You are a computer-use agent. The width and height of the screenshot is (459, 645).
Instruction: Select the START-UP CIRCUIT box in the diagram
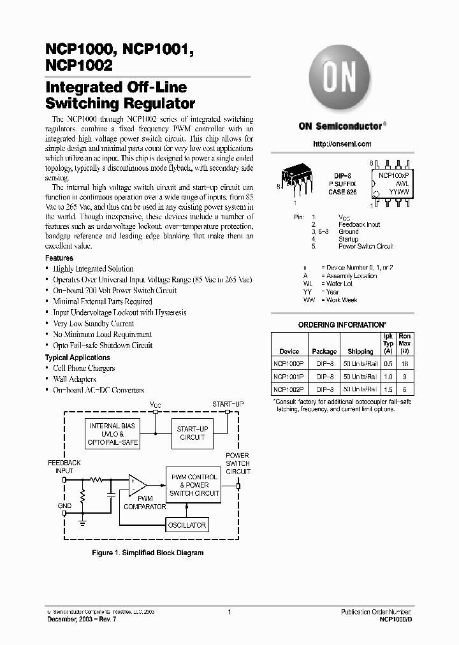192,433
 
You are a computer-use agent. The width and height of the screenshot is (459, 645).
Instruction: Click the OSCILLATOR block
186,525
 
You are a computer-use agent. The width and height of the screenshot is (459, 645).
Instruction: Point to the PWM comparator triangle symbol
136,486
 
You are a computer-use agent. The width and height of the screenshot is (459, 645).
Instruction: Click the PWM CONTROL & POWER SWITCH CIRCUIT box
194,485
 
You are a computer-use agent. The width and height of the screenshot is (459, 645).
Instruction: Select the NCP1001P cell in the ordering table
289,375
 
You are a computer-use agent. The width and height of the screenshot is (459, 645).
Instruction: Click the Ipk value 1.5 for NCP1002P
388,389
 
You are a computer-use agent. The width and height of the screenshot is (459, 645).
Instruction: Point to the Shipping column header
360,351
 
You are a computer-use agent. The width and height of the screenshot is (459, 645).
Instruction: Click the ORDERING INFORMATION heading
342,325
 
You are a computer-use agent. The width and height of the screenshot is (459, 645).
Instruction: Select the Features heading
59,258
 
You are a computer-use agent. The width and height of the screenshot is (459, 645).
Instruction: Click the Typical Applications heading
77,358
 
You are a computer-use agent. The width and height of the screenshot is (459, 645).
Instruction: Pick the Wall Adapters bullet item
75,379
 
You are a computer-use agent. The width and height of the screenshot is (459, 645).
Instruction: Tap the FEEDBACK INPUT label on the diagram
64,467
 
